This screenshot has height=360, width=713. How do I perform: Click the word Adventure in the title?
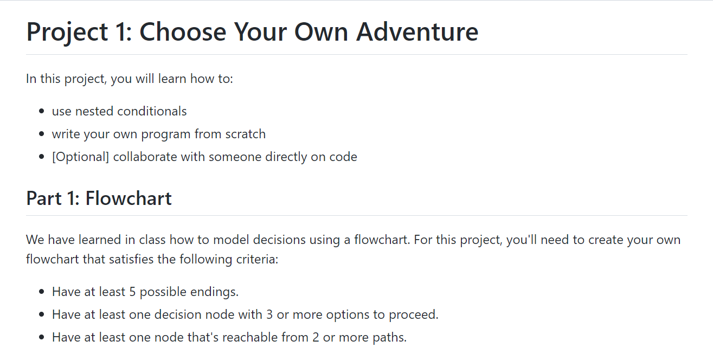click(417, 31)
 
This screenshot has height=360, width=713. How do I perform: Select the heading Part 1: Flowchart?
click(99, 198)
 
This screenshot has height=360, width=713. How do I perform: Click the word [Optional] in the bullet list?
click(80, 157)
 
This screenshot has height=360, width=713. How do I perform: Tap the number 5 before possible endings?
click(132, 292)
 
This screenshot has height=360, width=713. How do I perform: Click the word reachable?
click(269, 337)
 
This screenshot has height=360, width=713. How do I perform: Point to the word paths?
click(389, 337)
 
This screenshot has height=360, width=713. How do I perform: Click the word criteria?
click(258, 259)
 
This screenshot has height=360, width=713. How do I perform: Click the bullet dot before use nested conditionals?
click(42, 112)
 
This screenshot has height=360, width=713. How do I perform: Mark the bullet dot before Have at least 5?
click(42, 292)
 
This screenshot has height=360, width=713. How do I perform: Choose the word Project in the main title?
click(67, 31)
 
